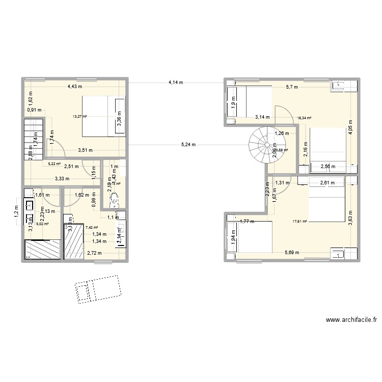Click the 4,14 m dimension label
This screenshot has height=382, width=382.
point(176,82)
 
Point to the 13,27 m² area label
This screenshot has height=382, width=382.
point(79,116)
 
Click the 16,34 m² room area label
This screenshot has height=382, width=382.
point(304,118)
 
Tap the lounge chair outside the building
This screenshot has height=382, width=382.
point(97,289)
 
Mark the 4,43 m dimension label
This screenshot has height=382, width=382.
point(75,87)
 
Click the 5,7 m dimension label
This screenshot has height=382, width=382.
point(292,87)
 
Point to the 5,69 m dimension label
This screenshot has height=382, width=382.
point(292,253)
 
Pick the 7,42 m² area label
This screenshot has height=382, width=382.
point(92,228)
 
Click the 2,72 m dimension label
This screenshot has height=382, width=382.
point(94,253)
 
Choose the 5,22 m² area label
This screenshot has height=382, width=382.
point(54,164)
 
